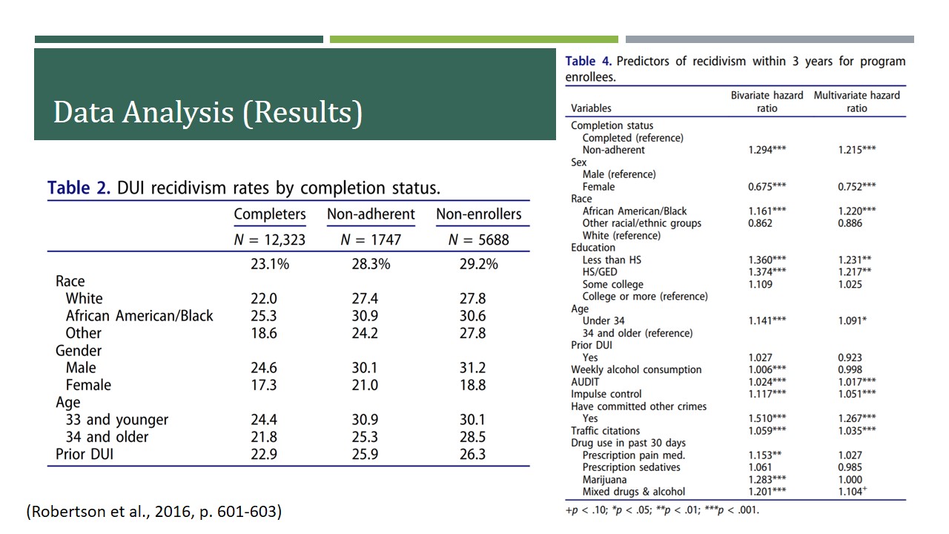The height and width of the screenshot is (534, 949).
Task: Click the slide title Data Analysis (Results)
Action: tap(208, 112)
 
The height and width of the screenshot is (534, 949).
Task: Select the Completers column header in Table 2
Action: tap(270, 214)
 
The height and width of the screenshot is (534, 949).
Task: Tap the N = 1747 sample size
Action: tap(371, 240)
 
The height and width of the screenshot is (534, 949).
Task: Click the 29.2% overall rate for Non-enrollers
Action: tap(478, 264)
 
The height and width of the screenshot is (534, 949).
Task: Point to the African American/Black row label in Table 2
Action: tap(139, 316)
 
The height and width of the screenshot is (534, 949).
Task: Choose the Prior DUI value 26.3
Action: tap(472, 454)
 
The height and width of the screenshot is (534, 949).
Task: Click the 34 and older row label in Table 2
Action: tap(107, 437)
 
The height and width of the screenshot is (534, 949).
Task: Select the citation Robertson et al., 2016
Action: tap(154, 512)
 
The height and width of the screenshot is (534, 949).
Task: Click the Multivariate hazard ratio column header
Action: tap(856, 102)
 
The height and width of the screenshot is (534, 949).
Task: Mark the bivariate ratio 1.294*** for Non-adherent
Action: tap(767, 150)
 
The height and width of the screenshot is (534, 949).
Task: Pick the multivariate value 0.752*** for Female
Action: tap(856, 186)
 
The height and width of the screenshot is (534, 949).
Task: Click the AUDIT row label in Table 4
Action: tap(586, 382)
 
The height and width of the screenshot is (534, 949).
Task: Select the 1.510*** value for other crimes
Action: tap(767, 418)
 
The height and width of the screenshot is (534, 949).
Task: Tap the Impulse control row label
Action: tap(606, 394)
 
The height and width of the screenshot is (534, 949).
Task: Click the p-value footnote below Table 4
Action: tap(662, 510)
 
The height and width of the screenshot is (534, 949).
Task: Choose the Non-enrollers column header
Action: tap(478, 214)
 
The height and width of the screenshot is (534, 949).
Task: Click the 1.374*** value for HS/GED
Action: tap(767, 272)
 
